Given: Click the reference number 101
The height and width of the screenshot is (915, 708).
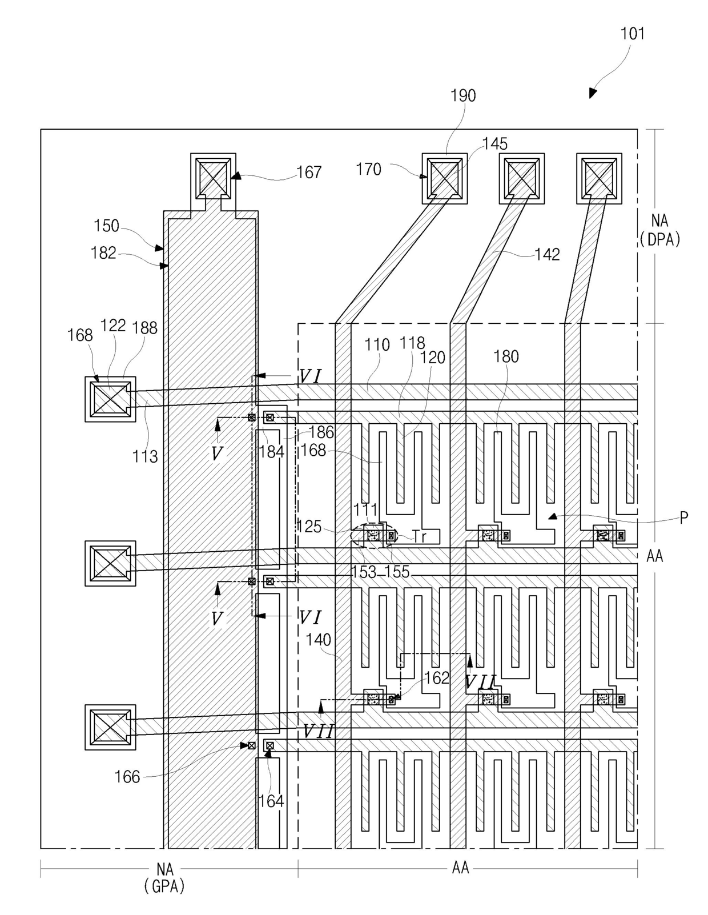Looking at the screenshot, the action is [x=632, y=33].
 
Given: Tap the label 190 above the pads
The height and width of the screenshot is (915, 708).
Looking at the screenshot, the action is [x=463, y=95].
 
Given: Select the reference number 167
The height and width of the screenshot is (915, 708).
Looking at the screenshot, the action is [x=309, y=172].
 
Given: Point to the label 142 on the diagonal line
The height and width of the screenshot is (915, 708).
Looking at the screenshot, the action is [x=547, y=254].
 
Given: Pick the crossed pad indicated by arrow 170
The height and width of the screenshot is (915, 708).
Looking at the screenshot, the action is [x=445, y=178].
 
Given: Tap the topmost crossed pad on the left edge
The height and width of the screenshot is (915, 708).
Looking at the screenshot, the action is [x=110, y=399].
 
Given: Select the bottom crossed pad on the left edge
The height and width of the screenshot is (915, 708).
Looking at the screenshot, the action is [x=110, y=727].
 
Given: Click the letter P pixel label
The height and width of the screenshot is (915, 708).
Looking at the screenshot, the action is [x=684, y=517].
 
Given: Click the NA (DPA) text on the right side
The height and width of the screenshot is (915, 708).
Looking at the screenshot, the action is [x=659, y=230].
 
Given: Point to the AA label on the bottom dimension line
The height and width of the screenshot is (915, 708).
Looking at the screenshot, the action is [x=460, y=868].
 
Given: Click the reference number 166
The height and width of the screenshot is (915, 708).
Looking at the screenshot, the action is [x=127, y=777].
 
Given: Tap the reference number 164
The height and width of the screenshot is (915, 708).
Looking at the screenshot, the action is [x=271, y=801].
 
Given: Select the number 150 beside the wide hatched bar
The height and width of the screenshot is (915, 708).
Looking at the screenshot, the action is [x=106, y=226].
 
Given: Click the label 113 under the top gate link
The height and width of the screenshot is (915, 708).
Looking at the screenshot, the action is [x=145, y=456].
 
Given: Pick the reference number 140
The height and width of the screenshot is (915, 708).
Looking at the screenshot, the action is [x=319, y=640].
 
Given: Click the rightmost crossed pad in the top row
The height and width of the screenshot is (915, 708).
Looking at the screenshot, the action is [x=599, y=178].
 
